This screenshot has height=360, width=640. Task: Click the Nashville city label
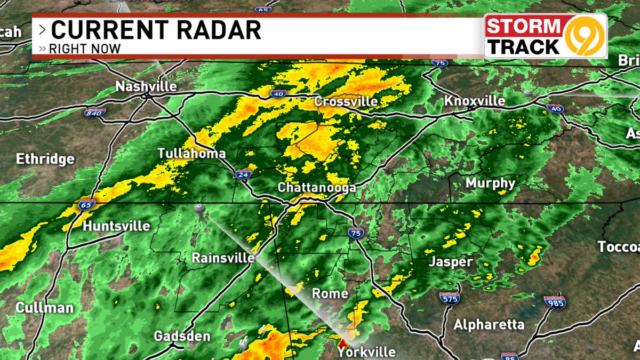click(146, 86)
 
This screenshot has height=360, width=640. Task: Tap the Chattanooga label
click(316, 188)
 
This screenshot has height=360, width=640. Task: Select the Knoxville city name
click(475, 101)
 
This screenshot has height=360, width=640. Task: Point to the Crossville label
click(346, 101)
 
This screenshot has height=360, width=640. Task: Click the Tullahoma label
click(191, 154)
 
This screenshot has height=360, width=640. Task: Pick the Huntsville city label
click(116, 226)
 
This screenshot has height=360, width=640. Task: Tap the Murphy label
click(490, 183)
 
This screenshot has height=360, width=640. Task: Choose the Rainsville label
click(223, 258)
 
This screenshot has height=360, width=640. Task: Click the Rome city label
click(330, 293)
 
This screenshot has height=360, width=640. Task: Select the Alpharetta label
click(489, 324)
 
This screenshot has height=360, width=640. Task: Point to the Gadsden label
click(182, 337)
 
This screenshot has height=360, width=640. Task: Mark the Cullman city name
click(44, 308)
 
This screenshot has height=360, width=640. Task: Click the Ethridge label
click(45, 159)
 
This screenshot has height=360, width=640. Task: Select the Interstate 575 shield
click(449, 298)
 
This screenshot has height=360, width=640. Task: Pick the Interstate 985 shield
click(555, 302)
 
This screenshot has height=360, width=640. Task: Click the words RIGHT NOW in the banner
click(84, 49)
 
